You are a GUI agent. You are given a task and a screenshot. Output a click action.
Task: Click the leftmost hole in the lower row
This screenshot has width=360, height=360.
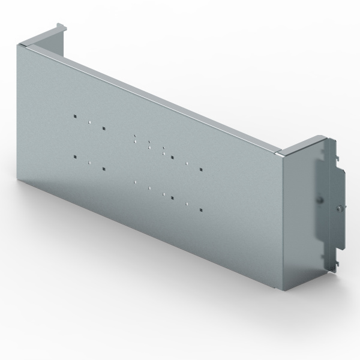coord(74,157)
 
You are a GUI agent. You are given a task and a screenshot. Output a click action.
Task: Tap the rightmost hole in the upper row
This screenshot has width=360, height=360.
coord(201,170)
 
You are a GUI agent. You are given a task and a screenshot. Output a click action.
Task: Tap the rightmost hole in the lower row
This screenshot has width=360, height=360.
coord(201,210)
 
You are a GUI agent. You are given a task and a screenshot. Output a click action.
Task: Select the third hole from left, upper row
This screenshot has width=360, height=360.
coord(104,128)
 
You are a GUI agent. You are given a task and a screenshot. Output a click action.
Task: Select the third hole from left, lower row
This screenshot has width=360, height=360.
coord(104,169)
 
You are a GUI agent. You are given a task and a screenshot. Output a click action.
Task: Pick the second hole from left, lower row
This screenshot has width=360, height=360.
coord(89,163)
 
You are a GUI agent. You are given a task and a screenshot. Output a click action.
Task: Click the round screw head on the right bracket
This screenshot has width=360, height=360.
coord(340,208)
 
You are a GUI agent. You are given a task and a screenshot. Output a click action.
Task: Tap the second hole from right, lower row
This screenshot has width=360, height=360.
coord(187,203)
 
